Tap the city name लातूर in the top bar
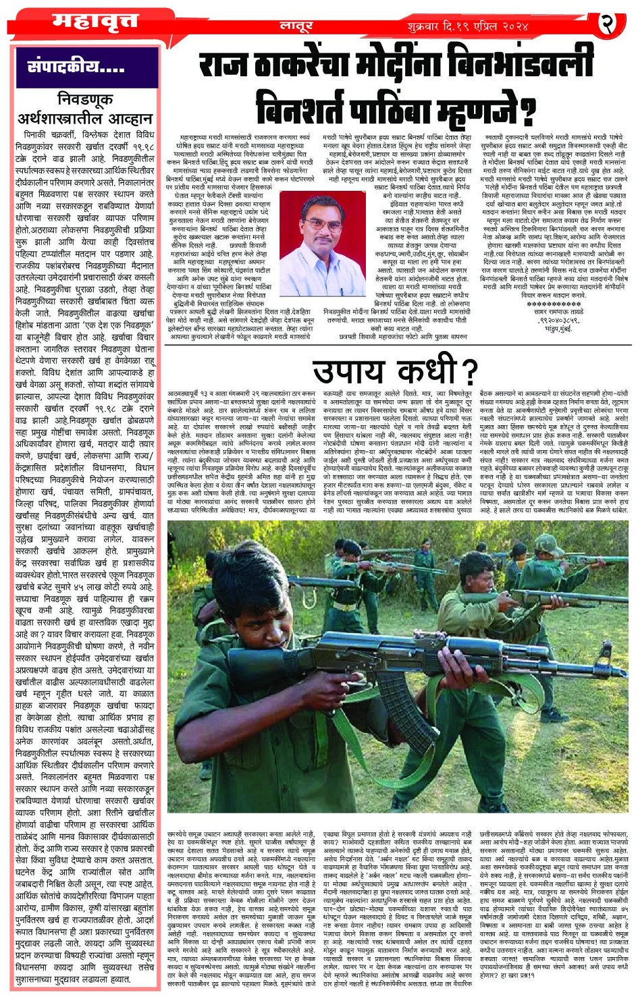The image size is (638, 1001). [296, 26]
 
